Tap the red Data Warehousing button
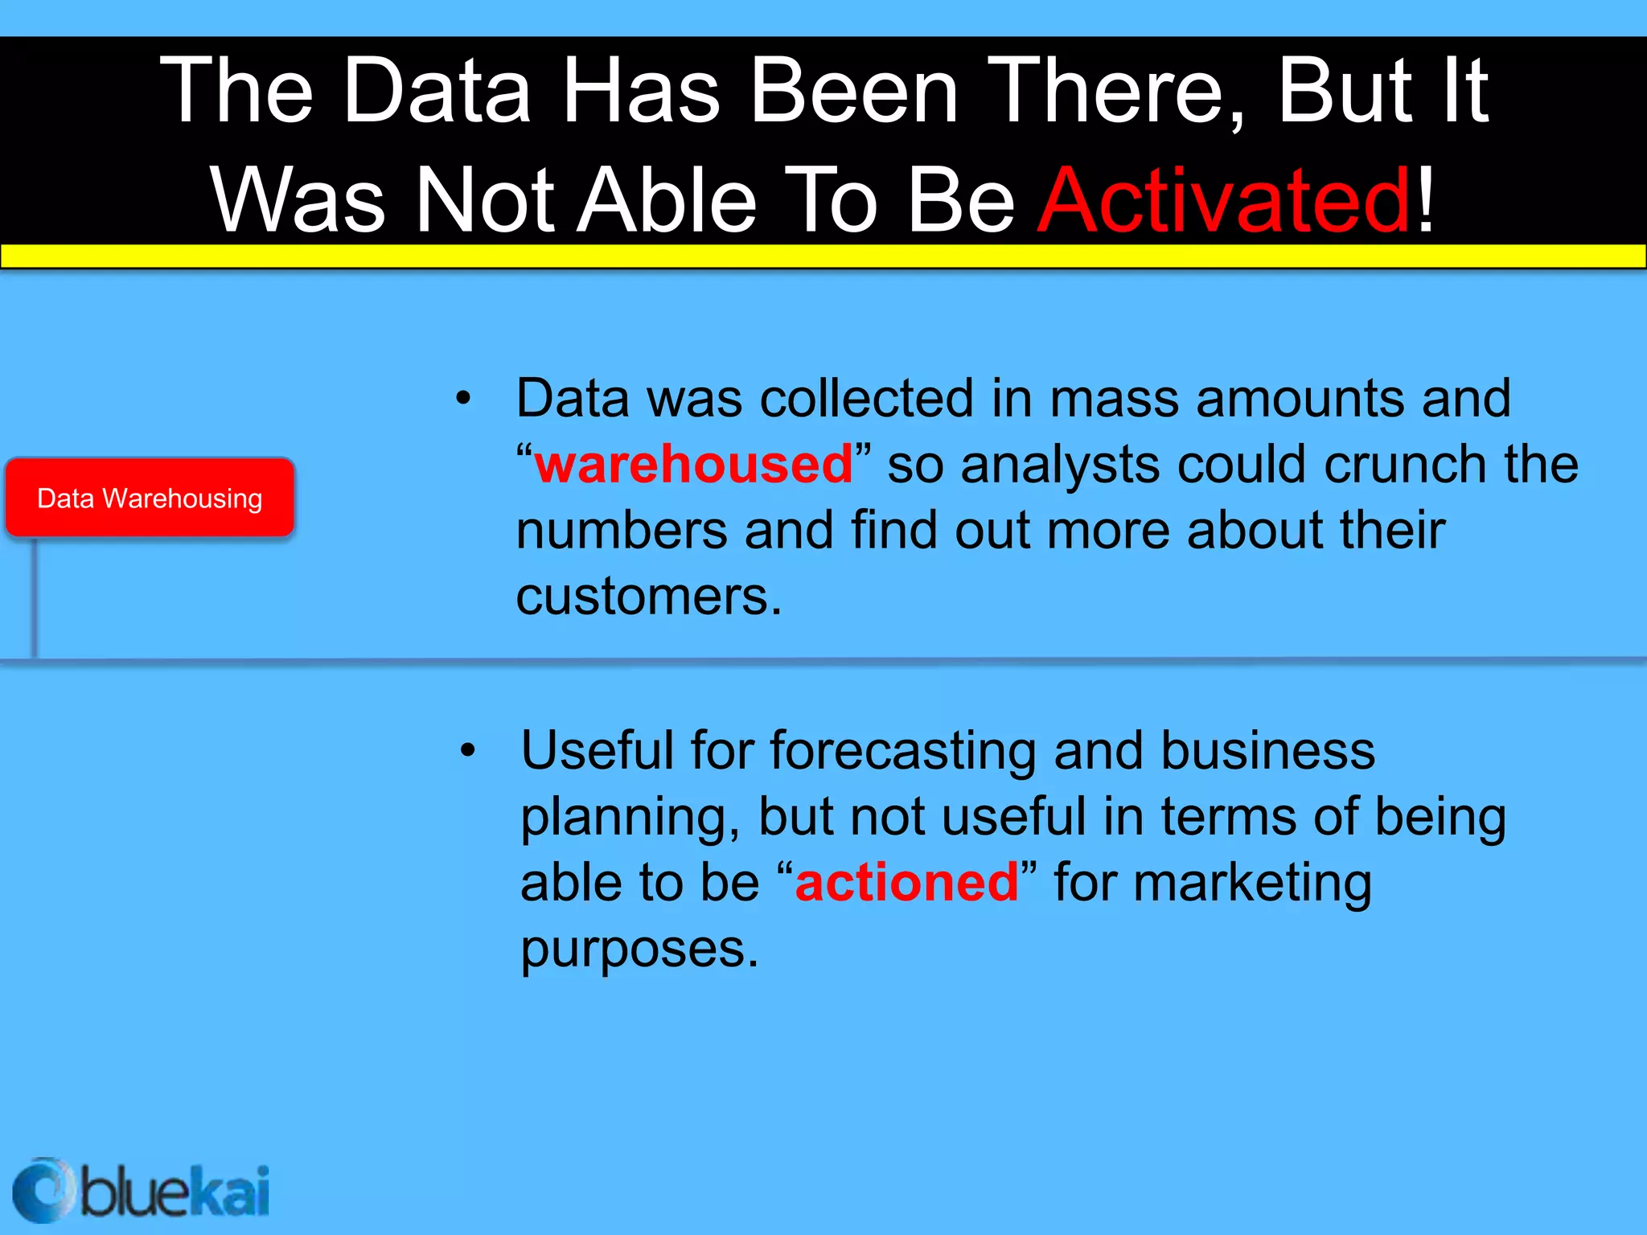pos(150,498)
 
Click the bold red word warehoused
pos(693,465)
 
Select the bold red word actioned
pos(906,883)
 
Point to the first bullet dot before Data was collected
pos(463,398)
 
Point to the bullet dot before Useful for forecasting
pos(468,751)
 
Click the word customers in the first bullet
pos(648,597)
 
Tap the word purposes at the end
pos(639,949)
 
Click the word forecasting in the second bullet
pos(902,751)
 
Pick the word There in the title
pos(1116,90)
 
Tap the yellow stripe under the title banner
pos(823,256)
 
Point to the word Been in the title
pos(854,90)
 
